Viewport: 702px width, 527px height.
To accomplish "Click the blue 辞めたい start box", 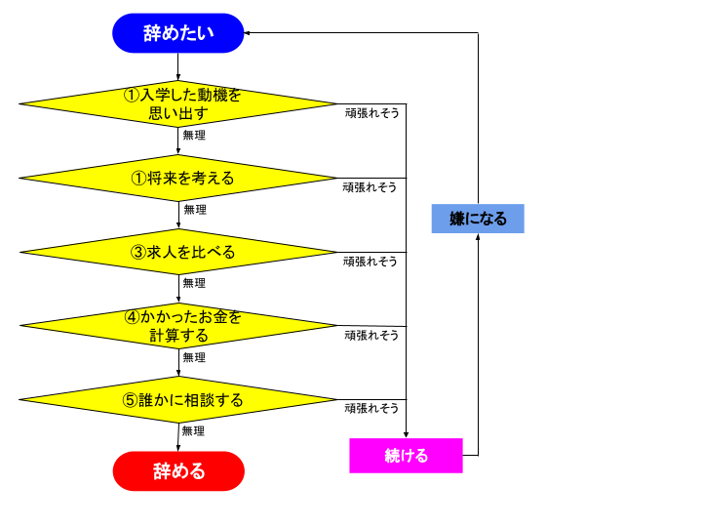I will click(178, 33).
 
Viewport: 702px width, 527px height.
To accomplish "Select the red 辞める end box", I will click(178, 471).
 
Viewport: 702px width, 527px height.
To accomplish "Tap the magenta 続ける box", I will click(406, 456).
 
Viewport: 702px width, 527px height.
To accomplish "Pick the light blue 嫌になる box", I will click(478, 219).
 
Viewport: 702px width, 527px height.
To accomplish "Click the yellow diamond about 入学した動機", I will click(178, 103).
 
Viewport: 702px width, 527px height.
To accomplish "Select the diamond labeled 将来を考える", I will click(178, 178).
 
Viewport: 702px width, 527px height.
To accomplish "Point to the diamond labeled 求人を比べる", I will click(178, 252).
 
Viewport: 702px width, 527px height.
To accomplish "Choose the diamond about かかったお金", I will click(178, 326).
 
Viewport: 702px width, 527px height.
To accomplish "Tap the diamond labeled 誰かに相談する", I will click(178, 400).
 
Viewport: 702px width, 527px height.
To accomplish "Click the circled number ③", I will click(138, 252).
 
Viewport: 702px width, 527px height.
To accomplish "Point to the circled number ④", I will click(132, 317).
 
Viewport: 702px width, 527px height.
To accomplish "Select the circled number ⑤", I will click(130, 400).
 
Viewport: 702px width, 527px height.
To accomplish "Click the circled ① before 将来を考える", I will click(138, 178).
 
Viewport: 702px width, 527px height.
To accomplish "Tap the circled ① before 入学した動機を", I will click(132, 95).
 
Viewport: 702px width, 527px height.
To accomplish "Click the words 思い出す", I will click(178, 113).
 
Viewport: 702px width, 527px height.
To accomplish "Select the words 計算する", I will click(178, 336).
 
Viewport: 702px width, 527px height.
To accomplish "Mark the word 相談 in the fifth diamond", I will click(203, 400).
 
